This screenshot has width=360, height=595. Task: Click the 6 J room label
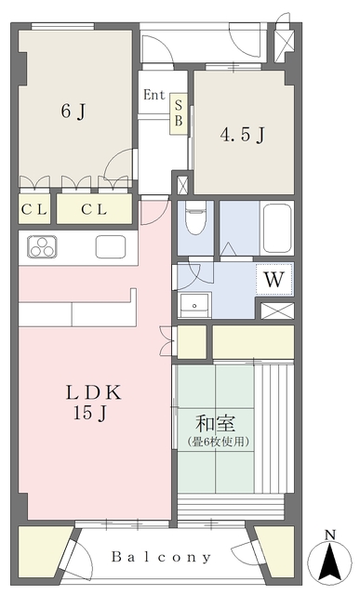point(73,112)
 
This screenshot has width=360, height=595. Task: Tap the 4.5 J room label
point(242,134)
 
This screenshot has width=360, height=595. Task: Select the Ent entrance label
point(154,95)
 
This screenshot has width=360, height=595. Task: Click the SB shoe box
point(179,113)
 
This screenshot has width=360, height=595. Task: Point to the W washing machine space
point(274,280)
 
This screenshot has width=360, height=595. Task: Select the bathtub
point(277,229)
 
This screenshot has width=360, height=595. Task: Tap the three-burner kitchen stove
point(42,246)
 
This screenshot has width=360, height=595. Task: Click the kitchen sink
point(111,246)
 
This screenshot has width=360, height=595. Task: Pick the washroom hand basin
point(194,305)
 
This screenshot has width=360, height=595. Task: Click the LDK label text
point(93,392)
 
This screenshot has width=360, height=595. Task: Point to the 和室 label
point(215,424)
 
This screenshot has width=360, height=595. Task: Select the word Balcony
point(161,557)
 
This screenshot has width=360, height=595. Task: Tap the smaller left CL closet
point(34,208)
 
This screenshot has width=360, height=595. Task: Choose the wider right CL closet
point(94,208)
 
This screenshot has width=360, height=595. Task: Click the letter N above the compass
point(330,535)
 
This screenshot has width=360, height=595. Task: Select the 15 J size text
point(90,413)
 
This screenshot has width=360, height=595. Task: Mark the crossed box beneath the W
point(277,311)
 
